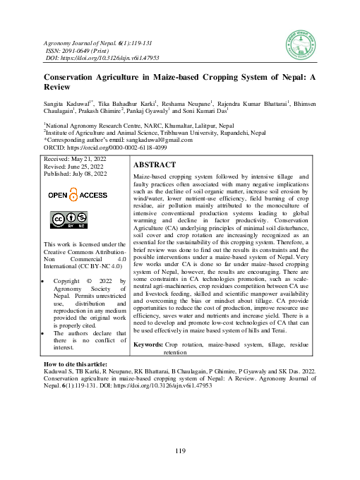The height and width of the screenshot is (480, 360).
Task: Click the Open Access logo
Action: coord(78,195)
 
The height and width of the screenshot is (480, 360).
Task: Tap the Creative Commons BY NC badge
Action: coord(68,220)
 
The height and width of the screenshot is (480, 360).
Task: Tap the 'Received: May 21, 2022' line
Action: coord(76,160)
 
